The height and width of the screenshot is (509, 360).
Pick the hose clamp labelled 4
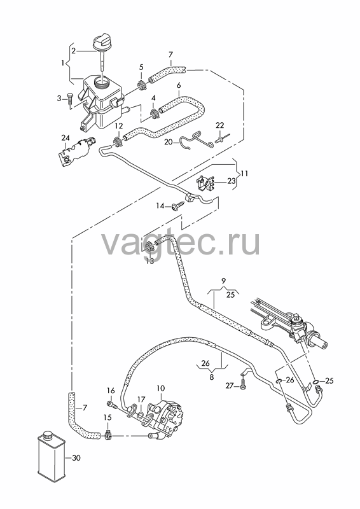(154, 114)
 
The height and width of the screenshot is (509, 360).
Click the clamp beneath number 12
(118, 141)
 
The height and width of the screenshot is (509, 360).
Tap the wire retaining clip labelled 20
(197, 140)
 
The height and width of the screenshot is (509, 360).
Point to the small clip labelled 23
(205, 183)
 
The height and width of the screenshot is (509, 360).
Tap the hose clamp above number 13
(149, 248)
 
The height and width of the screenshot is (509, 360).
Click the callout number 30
(76, 458)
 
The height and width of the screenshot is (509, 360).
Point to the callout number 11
(244, 174)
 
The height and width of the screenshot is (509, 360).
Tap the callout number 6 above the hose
(179, 85)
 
